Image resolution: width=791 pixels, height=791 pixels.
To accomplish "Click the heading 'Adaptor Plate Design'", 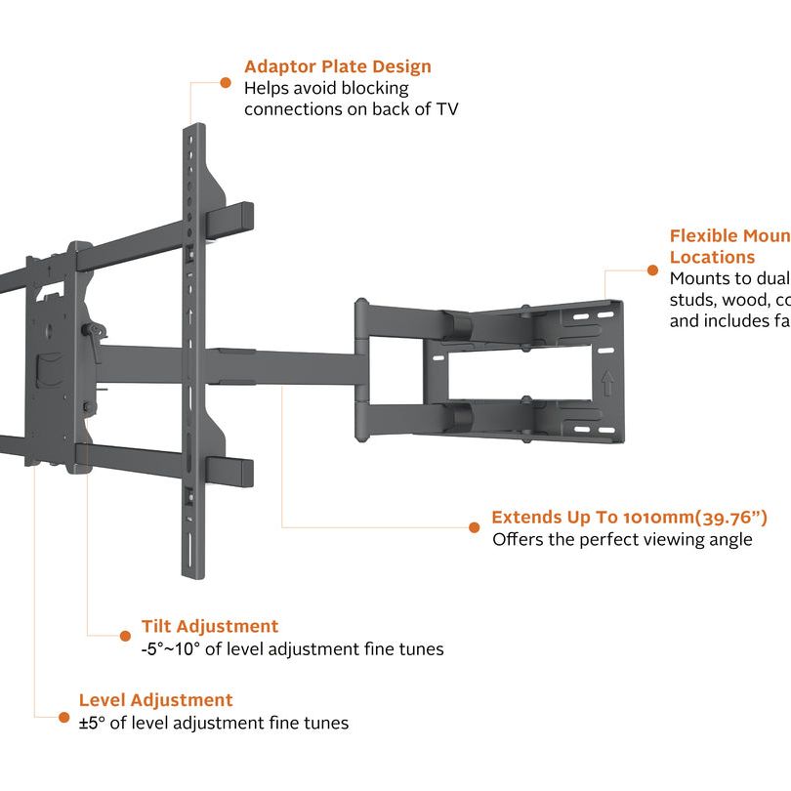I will coord(337,66).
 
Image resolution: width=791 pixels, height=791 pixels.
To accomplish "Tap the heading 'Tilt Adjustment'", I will coord(209,626).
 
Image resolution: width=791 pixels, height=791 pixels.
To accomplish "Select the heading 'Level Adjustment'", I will coord(155,700).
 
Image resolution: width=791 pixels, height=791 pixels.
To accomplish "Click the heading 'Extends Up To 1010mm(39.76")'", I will coord(629,517).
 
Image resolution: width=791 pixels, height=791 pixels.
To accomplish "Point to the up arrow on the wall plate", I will coord(608,381).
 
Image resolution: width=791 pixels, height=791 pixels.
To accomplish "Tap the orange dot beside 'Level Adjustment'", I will coord(64,716).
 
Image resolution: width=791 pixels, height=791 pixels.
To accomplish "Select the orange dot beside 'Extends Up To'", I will coord(475,527).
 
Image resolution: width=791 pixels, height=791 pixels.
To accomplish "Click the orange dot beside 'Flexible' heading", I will coord(652,270).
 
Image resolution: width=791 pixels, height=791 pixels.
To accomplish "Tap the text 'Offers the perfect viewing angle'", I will coord(622,540).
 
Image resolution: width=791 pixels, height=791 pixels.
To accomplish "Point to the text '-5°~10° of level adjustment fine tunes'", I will coord(292,649).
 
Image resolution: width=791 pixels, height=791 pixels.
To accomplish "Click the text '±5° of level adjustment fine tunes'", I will coord(213,724).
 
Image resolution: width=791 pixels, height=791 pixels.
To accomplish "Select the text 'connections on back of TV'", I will coord(351,109).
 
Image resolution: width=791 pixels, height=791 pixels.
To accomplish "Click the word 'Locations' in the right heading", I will coord(712,258).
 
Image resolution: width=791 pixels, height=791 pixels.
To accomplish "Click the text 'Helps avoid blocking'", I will coord(326,88).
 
